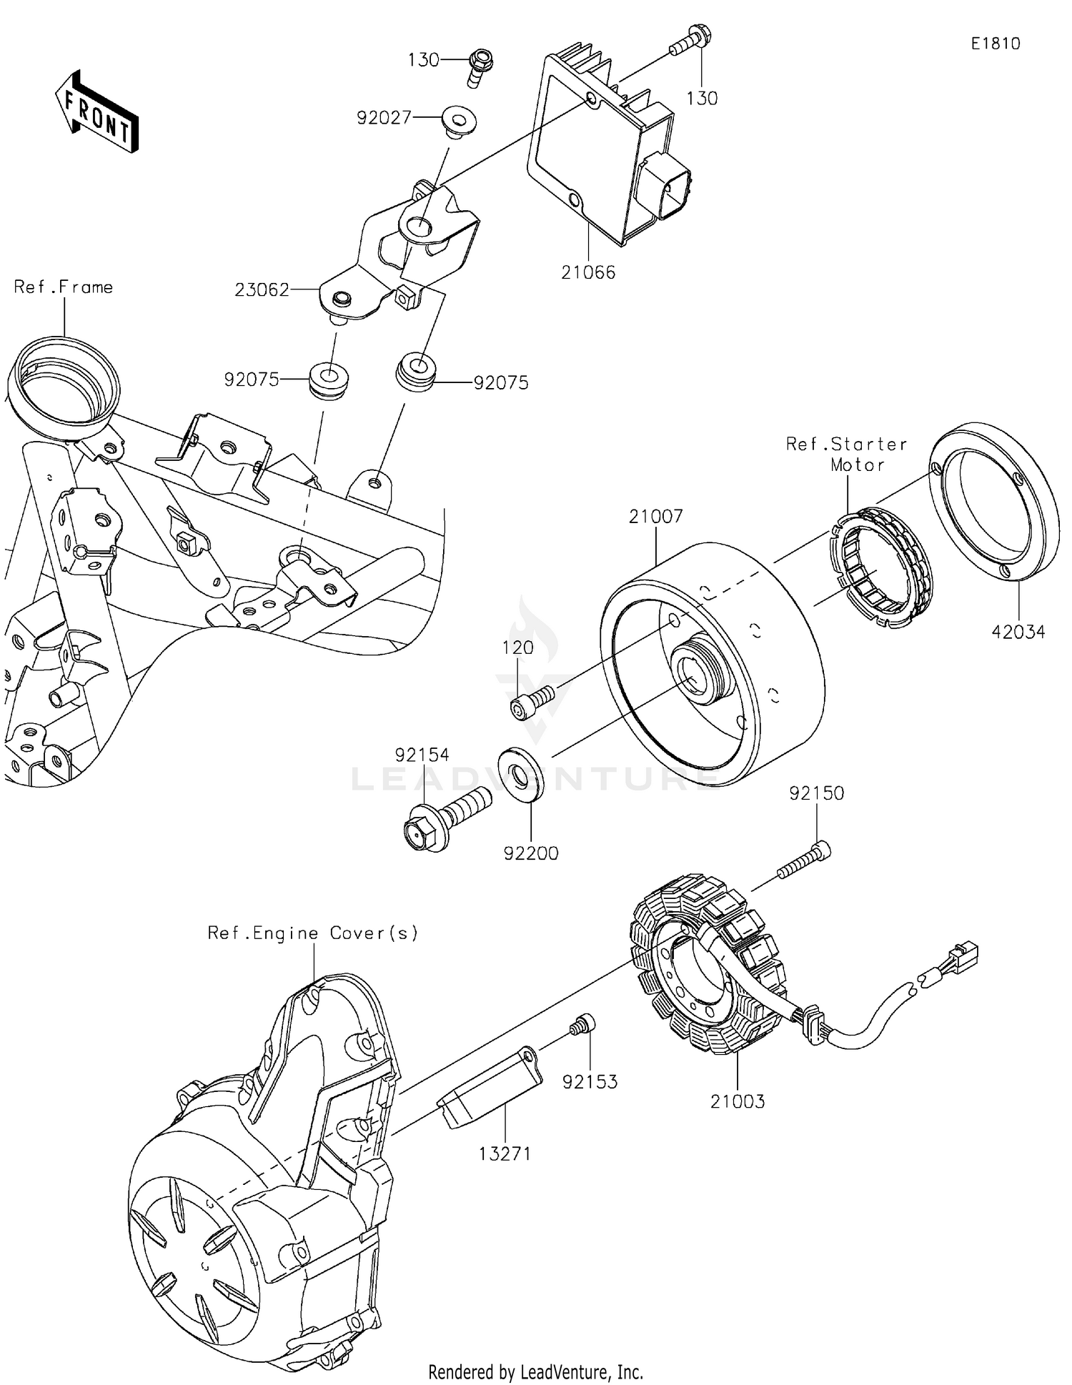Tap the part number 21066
(x=587, y=272)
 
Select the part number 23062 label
(x=262, y=289)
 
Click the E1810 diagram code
(x=995, y=44)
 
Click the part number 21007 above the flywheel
(x=655, y=516)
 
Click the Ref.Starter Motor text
(x=848, y=454)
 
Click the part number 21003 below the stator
(x=737, y=1101)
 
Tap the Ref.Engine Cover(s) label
(x=312, y=933)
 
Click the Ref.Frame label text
(x=63, y=287)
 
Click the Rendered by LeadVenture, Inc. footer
(x=535, y=1371)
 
